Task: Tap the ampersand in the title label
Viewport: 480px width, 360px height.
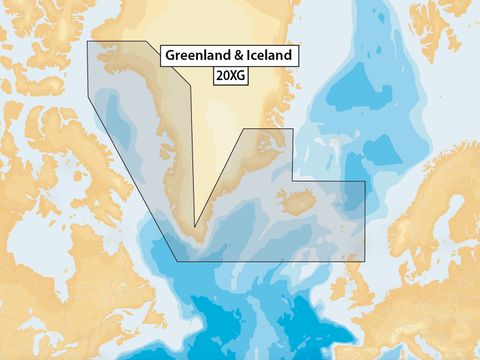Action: [x=241, y=56]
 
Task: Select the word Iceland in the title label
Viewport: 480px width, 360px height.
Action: [x=270, y=56]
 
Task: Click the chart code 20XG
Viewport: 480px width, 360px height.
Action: [x=231, y=74]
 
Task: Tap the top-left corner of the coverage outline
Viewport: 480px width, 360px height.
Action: [x=88, y=42]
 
